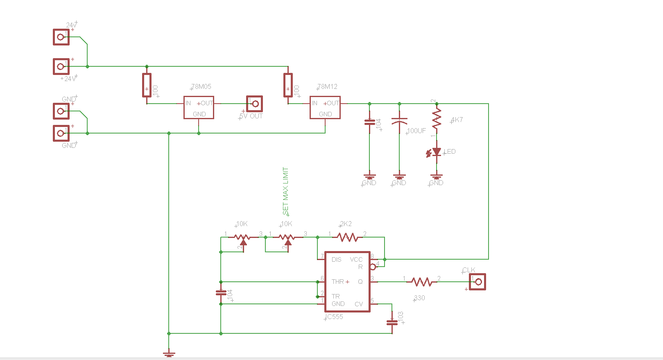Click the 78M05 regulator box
click(x=199, y=108)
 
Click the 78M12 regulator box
click(x=325, y=108)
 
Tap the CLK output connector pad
click(x=477, y=282)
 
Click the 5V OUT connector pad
click(x=254, y=104)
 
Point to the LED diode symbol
click(x=437, y=152)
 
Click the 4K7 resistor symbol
click(x=437, y=119)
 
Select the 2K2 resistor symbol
click(x=347, y=237)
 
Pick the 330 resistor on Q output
click(x=422, y=282)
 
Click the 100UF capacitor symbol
click(x=399, y=122)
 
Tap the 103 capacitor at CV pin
click(x=392, y=322)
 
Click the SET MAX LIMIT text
click(x=285, y=190)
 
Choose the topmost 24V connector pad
click(x=61, y=37)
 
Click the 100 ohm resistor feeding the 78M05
click(x=147, y=85)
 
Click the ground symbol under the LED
click(x=437, y=177)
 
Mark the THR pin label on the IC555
click(x=338, y=282)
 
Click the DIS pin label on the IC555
click(x=336, y=260)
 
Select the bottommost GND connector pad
click(x=61, y=133)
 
